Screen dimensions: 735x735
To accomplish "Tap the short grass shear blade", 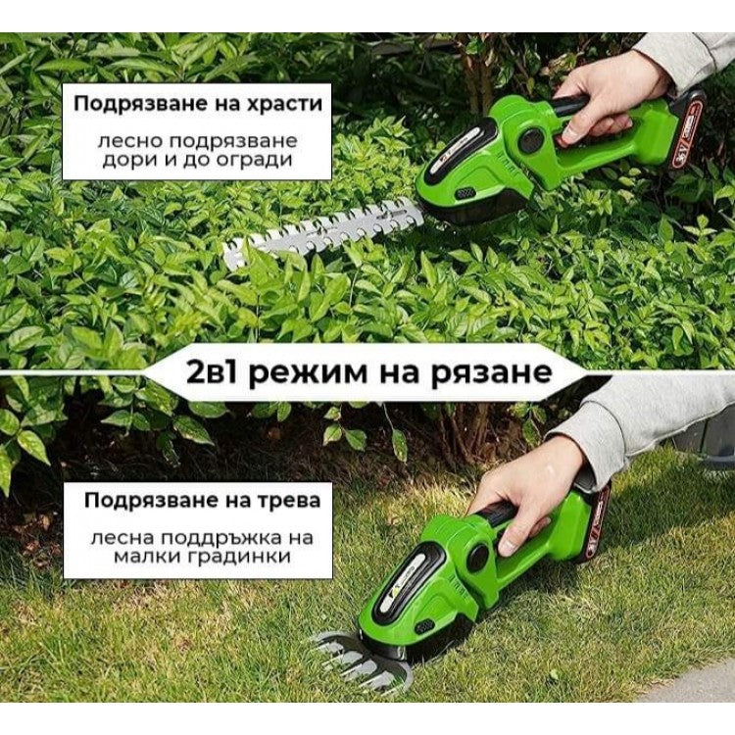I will [x=353, y=659].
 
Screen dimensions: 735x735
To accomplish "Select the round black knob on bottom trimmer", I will [x=478, y=559].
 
